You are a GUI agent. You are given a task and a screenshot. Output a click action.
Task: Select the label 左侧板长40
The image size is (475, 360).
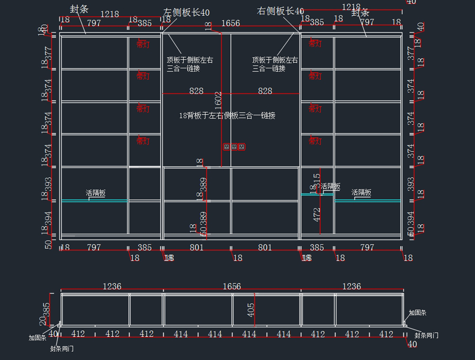coord(186,13)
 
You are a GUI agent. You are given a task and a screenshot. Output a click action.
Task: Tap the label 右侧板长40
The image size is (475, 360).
coord(280,11)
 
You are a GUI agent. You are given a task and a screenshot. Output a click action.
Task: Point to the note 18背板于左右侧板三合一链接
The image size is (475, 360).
coord(227,116)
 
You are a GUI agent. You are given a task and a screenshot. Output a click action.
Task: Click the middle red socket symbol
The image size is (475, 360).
coord(234,147)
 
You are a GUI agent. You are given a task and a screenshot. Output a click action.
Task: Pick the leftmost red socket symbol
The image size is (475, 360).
coord(226,147)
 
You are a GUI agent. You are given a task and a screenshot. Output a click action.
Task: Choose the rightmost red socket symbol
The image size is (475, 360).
coord(241,147)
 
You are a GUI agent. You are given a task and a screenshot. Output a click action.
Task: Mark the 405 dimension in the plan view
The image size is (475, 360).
coord(251,311)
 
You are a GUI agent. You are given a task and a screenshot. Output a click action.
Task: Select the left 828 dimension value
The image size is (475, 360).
coord(196,91)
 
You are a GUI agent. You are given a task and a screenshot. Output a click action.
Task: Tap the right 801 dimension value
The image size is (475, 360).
coord(265,248)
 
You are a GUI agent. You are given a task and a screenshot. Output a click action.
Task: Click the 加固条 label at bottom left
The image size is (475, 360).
coord(38,338)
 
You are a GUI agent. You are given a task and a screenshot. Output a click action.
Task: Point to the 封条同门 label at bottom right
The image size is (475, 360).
coord(426,335)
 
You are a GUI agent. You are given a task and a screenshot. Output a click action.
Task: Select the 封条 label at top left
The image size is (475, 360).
coord(79,9)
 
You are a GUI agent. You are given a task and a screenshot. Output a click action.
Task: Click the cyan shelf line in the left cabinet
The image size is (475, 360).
coord(94,201)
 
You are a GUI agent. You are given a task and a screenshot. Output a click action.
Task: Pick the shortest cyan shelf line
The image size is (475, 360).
coord(317,194)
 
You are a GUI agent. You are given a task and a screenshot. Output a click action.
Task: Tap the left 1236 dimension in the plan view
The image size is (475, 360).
coord(112,286)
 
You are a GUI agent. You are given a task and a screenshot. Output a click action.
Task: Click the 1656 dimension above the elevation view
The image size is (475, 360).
coord(230,23)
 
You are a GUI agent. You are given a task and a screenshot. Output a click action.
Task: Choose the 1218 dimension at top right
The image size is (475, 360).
coord(351,7)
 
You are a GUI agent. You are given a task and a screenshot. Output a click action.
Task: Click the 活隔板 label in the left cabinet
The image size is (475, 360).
coord(96,193)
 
